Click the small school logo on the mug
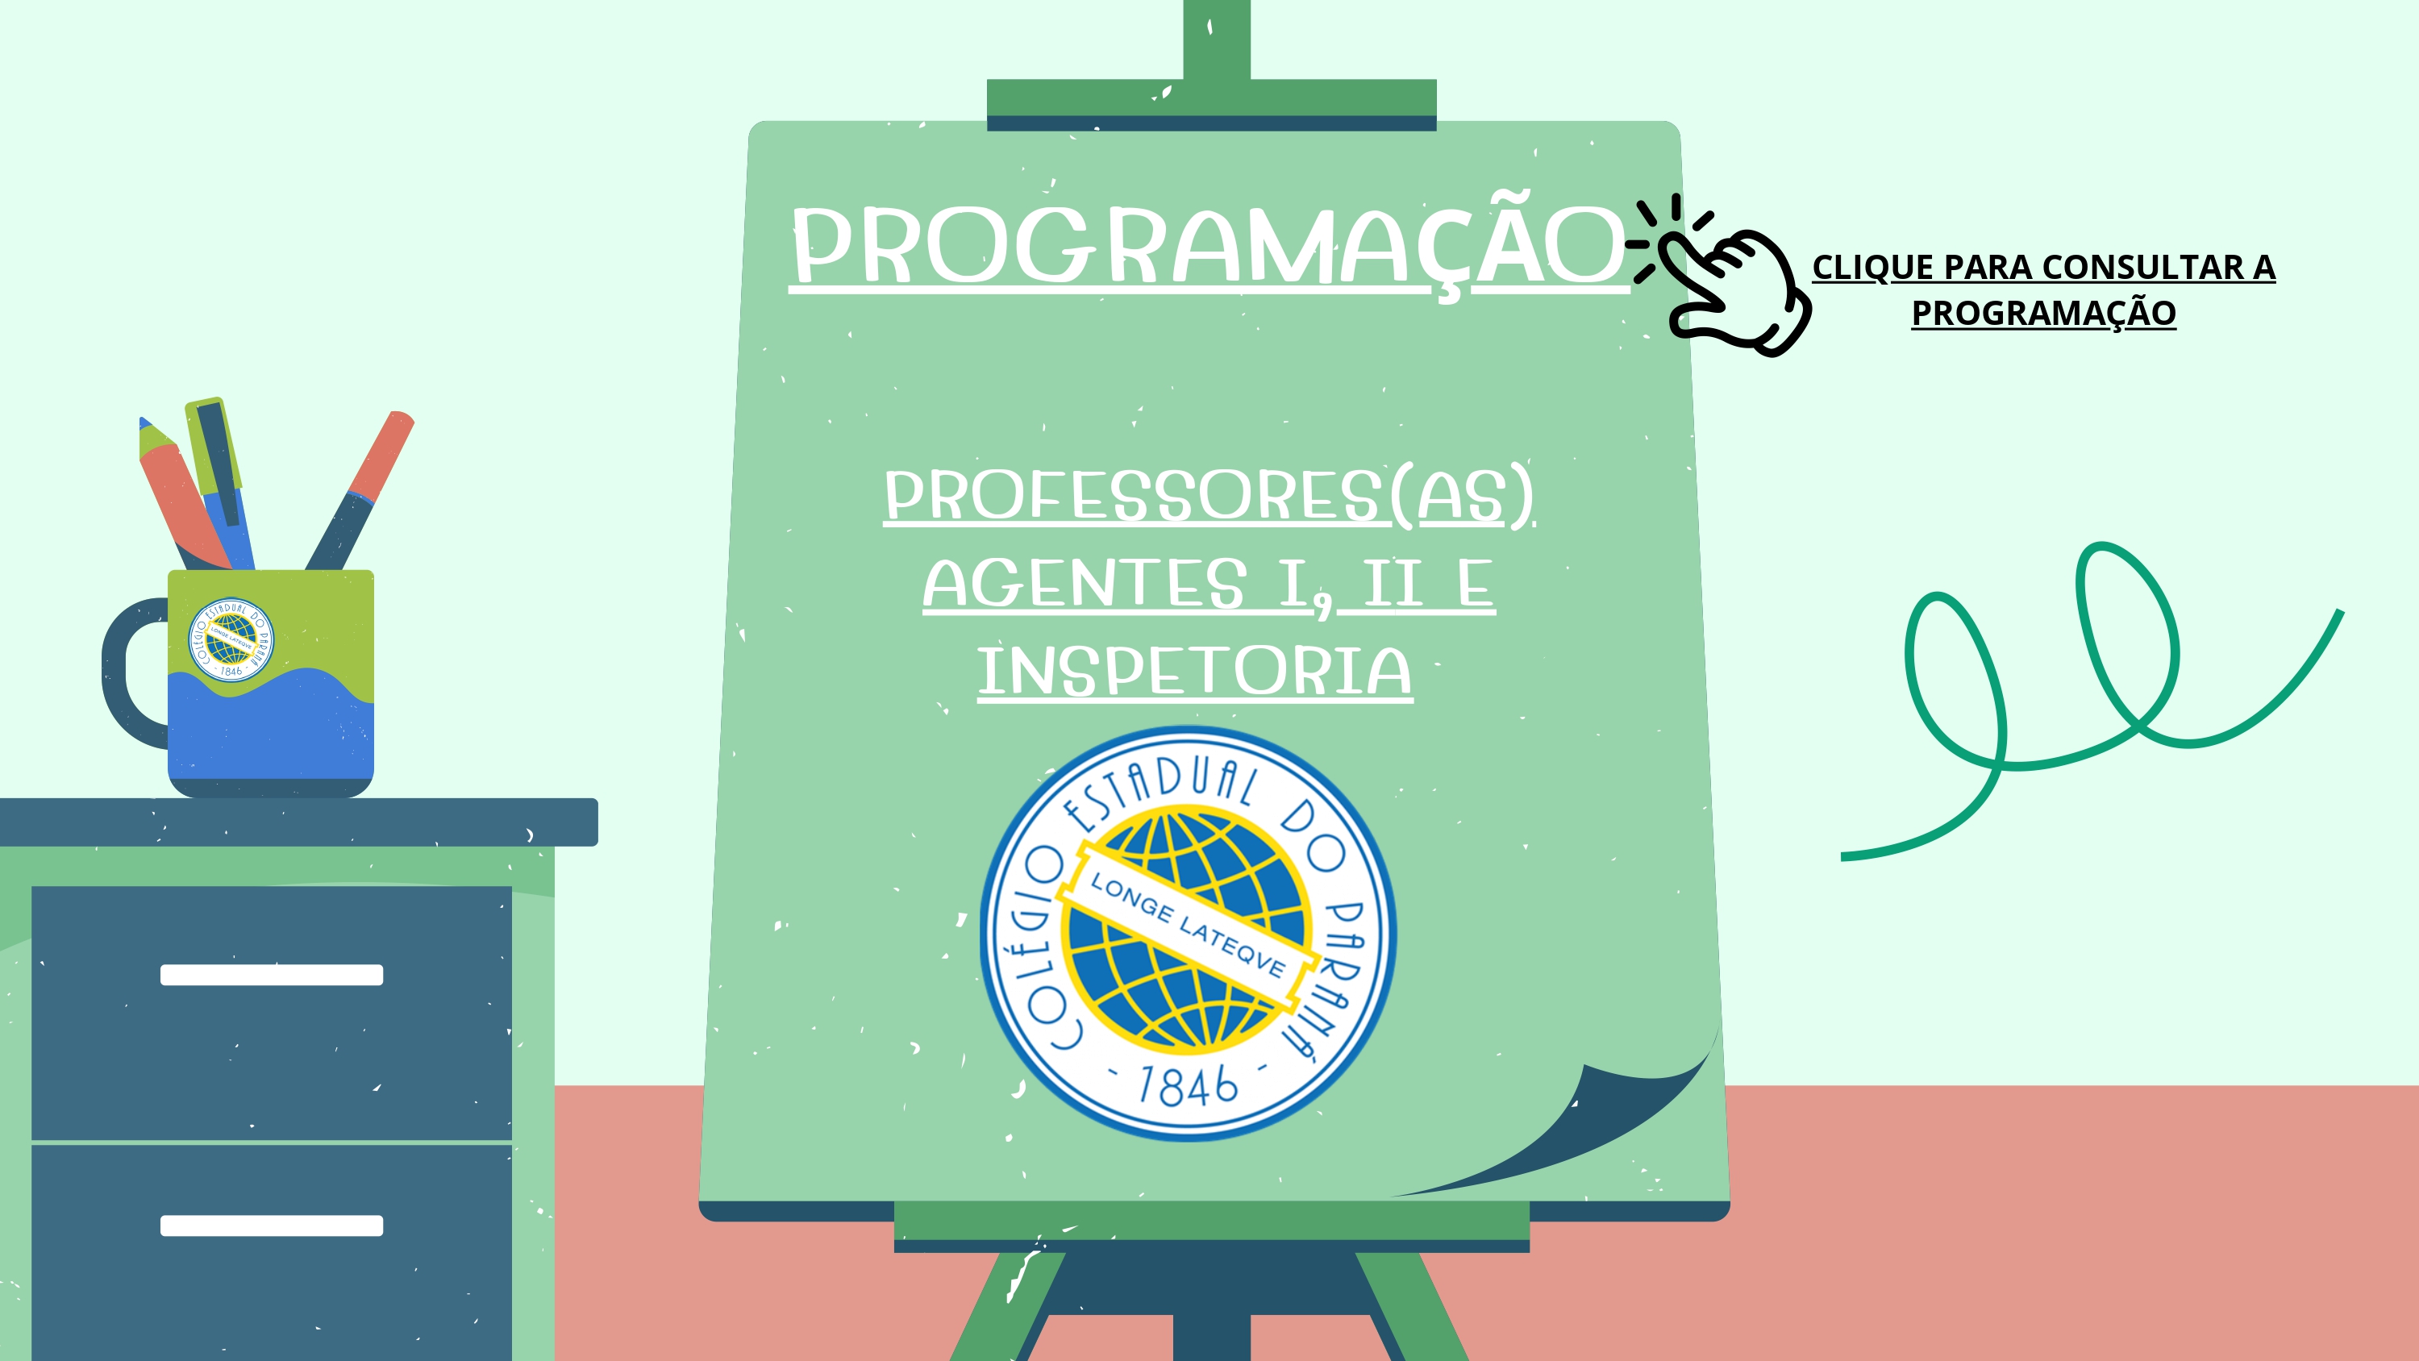[x=231, y=639]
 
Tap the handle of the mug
[x=131, y=672]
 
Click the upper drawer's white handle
[x=272, y=975]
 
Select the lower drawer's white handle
[x=272, y=1225]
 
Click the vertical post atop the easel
[x=1216, y=40]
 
